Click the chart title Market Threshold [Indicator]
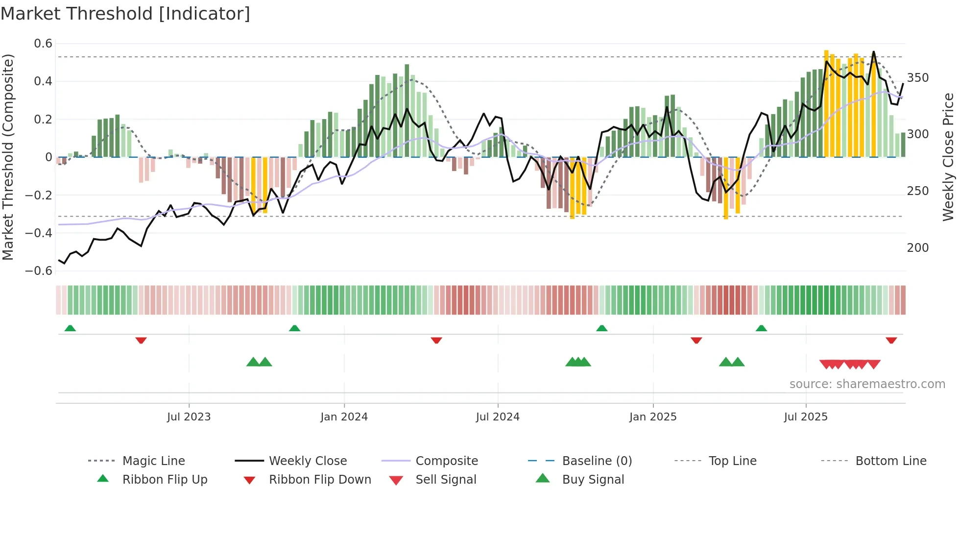pos(125,14)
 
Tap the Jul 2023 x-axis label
pos(189,417)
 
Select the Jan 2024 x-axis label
pos(344,417)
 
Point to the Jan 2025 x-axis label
pos(653,417)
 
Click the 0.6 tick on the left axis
pos(43,44)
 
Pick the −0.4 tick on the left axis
pos(39,233)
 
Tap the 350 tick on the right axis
pos(917,78)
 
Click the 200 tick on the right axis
pos(917,248)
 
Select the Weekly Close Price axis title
pos(948,157)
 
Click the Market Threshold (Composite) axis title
pos(8,157)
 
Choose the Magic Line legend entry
pos(153,461)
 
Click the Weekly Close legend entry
pos(308,461)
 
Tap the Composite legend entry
pos(446,461)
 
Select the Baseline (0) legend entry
pos(597,461)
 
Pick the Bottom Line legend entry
pos(890,461)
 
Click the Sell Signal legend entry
pos(445,480)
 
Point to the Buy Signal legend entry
pos(593,480)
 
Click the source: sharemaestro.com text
pos(867,384)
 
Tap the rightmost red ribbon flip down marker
pos(891,340)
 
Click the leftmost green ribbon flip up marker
pos(70,328)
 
